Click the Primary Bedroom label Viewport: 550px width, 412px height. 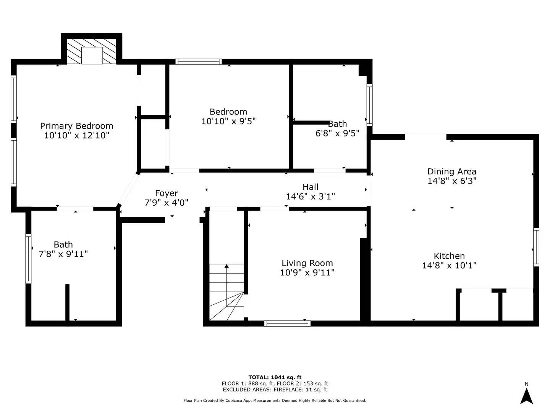pos(76,126)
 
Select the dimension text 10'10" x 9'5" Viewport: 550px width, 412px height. pos(228,121)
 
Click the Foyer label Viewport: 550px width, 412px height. pos(166,193)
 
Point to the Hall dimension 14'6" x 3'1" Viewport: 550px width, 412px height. pos(310,196)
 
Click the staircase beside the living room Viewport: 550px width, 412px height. pos(226,292)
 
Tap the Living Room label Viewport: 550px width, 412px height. pos(307,263)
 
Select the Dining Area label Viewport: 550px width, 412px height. pos(451,172)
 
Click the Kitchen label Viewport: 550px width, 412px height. pos(449,256)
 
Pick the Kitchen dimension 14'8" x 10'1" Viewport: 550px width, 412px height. pos(449,266)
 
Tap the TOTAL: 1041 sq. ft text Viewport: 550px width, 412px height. pos(275,377)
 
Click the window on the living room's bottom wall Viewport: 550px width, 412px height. pos(287,323)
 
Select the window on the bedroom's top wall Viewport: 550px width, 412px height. pos(198,61)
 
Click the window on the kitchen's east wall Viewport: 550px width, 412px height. pos(536,247)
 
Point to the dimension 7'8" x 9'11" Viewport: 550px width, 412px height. pos(63,254)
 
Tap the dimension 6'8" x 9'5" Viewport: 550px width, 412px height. pos(337,134)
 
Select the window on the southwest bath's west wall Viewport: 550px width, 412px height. pos(28,258)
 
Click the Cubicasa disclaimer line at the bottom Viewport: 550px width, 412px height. pos(275,401)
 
